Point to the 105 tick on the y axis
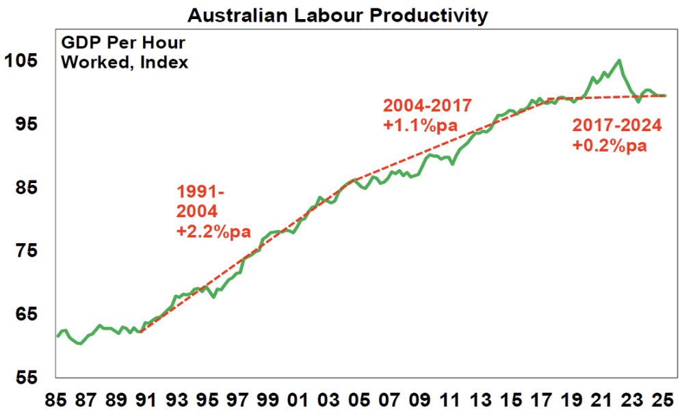coord(20,60)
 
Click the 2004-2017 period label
coord(427,106)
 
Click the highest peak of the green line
coord(619,60)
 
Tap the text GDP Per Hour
coord(123,42)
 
